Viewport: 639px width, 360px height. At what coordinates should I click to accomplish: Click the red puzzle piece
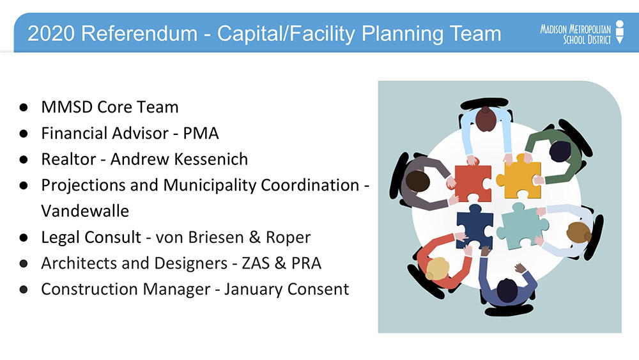[x=472, y=183]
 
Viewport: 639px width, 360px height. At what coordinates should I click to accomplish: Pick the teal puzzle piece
[x=521, y=226]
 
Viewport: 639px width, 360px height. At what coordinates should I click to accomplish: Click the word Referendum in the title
[x=139, y=33]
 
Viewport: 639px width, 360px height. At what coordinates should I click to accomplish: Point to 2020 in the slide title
[x=51, y=33]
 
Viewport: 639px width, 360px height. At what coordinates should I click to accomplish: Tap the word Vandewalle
[x=85, y=211]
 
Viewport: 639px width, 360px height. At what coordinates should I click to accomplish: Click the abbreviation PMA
[x=201, y=133]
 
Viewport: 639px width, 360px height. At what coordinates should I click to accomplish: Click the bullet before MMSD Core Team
[x=24, y=107]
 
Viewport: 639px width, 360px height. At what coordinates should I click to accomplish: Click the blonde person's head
[x=437, y=269]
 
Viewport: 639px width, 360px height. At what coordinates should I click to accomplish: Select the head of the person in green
[x=560, y=152]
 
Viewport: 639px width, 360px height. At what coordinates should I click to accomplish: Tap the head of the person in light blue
[x=486, y=119]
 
